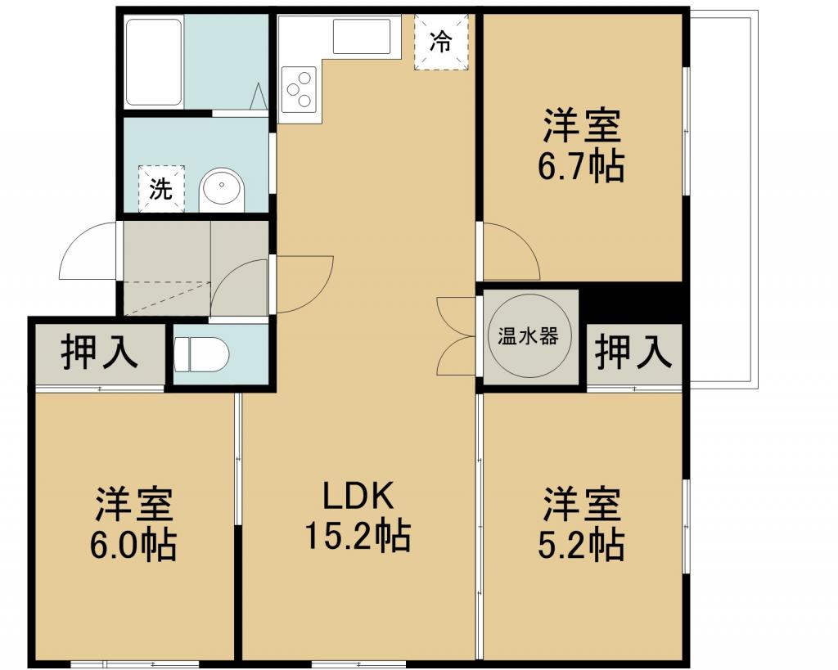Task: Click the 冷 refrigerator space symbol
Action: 441,42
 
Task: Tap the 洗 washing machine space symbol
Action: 161,189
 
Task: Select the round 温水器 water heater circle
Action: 528,336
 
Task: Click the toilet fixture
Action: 201,354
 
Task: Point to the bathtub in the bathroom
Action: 154,62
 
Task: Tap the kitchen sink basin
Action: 362,36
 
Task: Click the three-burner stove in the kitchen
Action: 300,88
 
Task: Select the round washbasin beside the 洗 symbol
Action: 222,190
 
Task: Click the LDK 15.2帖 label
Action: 358,516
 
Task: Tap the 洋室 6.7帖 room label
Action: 582,146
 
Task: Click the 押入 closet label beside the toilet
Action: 99,352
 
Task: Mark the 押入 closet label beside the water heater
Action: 634,351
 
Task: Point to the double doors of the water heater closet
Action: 455,336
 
